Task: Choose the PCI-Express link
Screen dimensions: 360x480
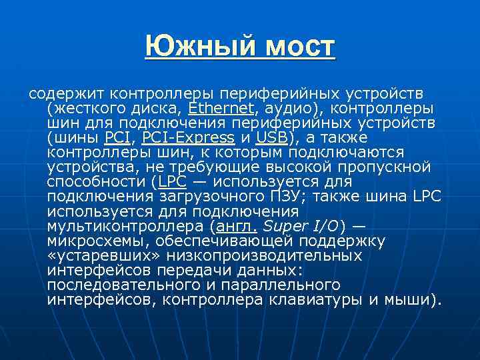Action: coord(189,138)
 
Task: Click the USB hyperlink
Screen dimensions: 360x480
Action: coord(271,138)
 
